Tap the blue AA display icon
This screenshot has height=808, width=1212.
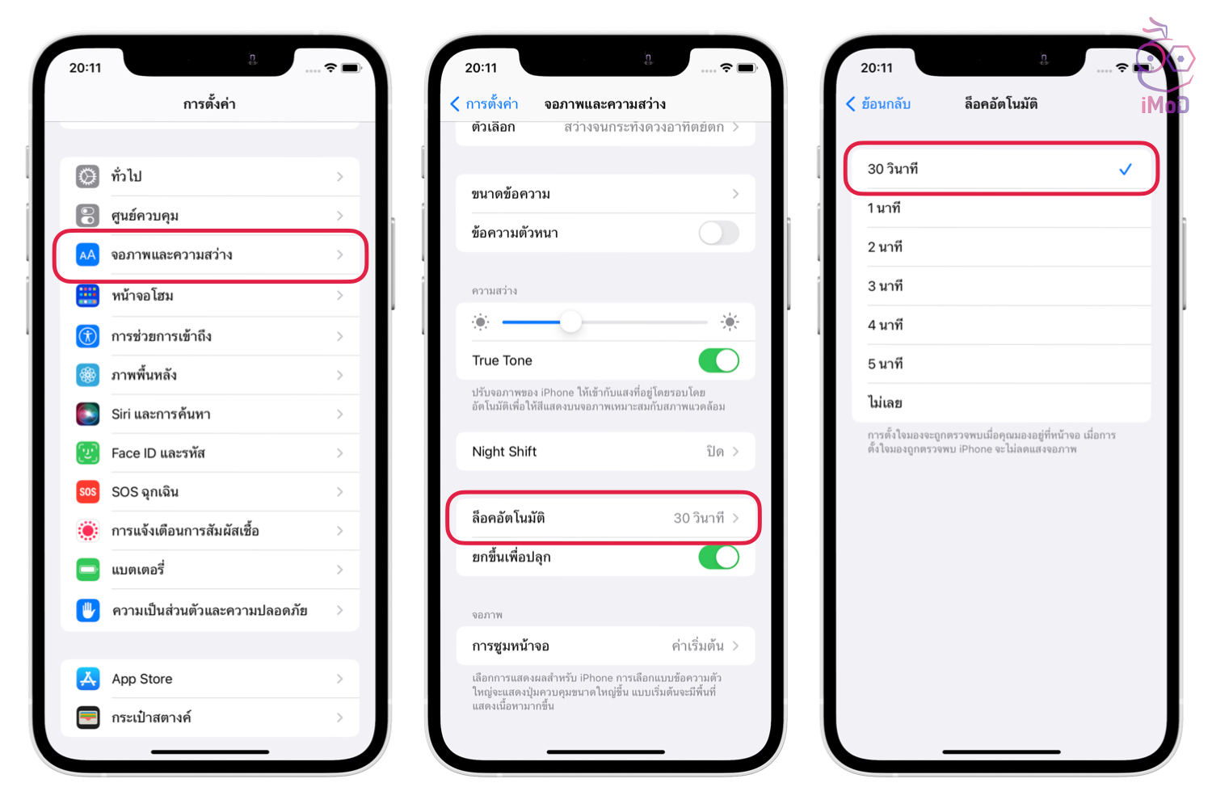pos(87,255)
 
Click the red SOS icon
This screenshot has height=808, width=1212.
pos(87,491)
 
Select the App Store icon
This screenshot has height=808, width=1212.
pos(87,679)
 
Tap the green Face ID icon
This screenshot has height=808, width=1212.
pos(87,452)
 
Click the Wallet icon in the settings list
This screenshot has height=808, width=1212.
pos(87,718)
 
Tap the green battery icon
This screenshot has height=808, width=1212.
pos(87,570)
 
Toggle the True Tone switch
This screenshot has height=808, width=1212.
pos(718,360)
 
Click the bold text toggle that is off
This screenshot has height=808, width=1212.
pos(718,234)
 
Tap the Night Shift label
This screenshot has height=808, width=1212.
pos(504,452)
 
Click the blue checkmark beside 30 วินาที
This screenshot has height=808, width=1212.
pos(1126,170)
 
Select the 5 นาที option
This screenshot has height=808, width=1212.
pos(886,364)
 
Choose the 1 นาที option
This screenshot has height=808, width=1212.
pos(884,208)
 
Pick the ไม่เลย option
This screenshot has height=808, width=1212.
pos(885,402)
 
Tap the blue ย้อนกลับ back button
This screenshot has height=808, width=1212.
pos(878,103)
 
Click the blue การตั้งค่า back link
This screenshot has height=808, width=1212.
pos(484,103)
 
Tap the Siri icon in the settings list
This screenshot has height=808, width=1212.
pos(87,414)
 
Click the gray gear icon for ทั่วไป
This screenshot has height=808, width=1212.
pos(87,176)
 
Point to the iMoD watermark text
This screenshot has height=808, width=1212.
pos(1164,104)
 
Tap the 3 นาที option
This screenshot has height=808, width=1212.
pos(886,286)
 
